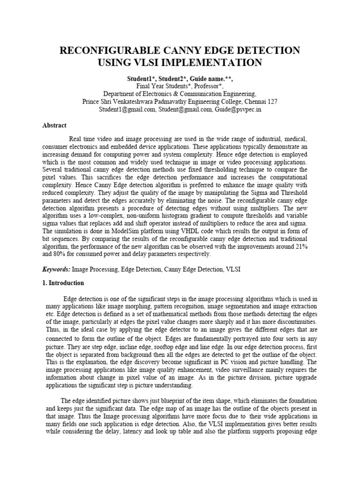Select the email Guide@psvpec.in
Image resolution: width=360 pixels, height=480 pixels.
[x=238, y=109]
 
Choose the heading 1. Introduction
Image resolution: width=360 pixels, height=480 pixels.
[x=63, y=283]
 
